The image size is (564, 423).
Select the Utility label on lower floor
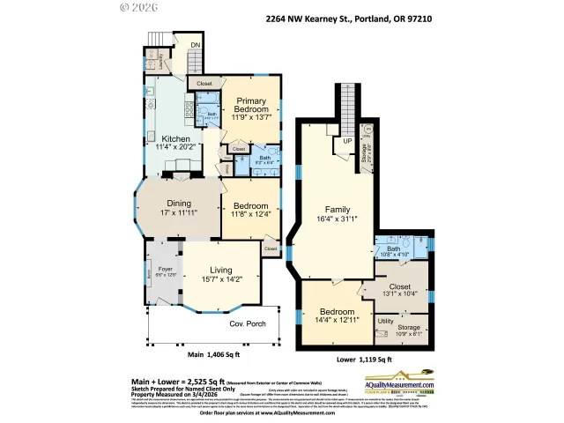[385, 322]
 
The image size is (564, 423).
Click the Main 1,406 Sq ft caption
[214, 355]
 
